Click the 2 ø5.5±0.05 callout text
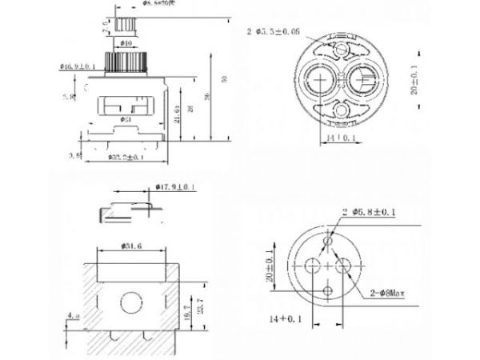point(274,33)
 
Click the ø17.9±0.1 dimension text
point(174,188)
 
